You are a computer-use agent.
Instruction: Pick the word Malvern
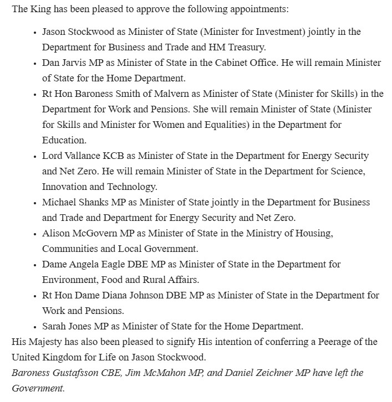[171, 94]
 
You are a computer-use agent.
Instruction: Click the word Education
[64, 140]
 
